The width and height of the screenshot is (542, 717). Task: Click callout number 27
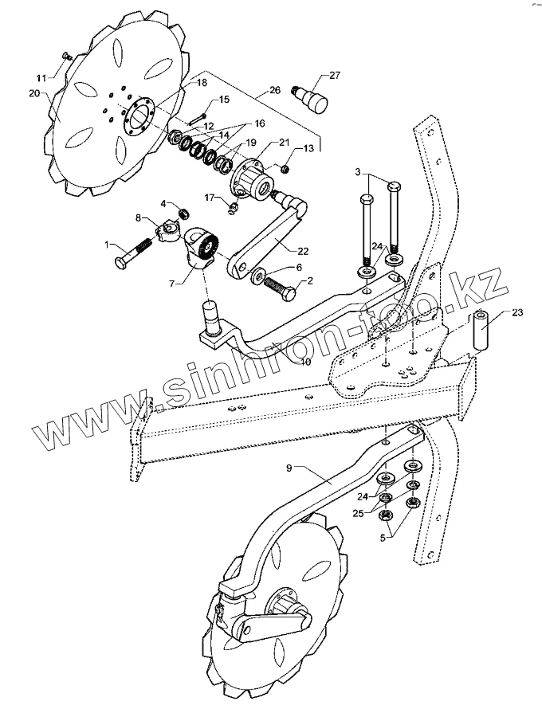click(x=334, y=76)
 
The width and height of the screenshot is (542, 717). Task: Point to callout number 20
click(x=33, y=92)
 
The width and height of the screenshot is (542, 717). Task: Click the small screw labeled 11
click(x=66, y=56)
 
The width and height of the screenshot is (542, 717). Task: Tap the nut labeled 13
click(x=285, y=167)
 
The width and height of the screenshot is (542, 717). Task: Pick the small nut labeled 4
click(x=184, y=212)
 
